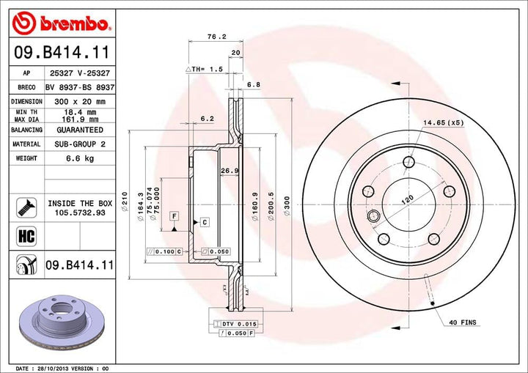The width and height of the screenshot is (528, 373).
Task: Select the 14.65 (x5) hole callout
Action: click(442, 122)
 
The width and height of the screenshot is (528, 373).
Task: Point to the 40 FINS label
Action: click(463, 322)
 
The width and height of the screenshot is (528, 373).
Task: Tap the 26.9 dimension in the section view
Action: click(230, 171)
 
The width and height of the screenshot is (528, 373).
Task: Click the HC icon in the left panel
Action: click(23, 236)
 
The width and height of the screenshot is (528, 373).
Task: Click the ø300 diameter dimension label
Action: click(287, 199)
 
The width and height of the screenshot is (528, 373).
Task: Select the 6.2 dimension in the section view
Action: click(207, 118)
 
